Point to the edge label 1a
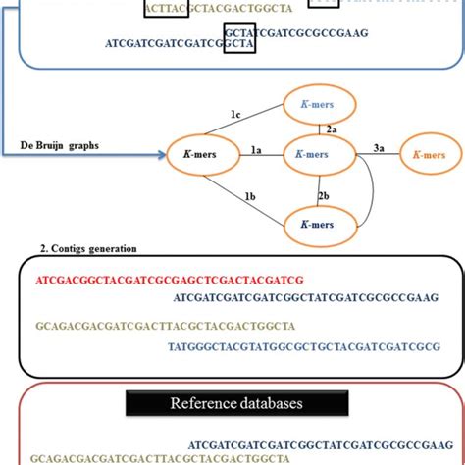[256, 149]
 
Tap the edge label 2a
[332, 129]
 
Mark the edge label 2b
[324, 196]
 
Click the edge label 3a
[378, 148]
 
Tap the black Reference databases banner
[232, 403]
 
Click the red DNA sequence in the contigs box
[183, 280]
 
